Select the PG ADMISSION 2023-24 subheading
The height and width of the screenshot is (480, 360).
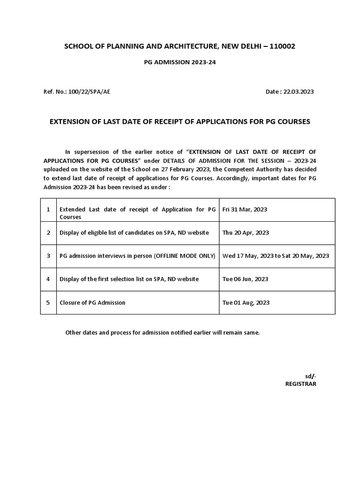click(180, 67)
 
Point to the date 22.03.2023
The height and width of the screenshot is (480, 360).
click(299, 91)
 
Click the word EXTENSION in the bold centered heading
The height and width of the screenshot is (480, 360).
click(71, 121)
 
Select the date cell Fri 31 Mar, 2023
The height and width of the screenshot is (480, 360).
click(245, 210)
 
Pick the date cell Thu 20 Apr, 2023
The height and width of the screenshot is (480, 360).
click(246, 232)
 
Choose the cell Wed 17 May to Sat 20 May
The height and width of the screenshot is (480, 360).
click(276, 255)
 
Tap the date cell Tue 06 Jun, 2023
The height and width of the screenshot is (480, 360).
click(245, 279)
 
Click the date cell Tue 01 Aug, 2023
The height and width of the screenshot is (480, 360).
click(246, 302)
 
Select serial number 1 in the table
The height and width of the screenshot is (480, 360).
click(48, 210)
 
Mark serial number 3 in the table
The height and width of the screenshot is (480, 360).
click(48, 255)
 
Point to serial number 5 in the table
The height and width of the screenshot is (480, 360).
click(48, 302)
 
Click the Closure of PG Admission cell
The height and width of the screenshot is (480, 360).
click(92, 302)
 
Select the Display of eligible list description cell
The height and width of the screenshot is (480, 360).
click(134, 232)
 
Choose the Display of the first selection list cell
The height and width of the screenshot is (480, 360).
click(129, 279)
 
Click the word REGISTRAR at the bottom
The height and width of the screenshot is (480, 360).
click(300, 383)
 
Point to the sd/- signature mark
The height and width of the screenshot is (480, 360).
click(311, 376)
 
